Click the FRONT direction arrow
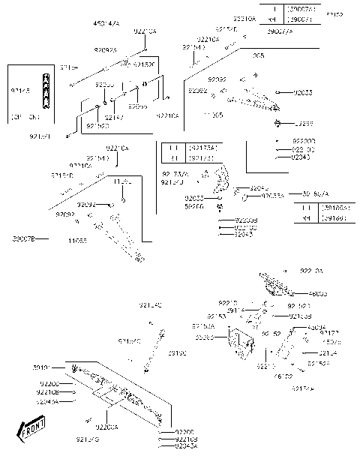(x=31, y=430)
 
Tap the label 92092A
(x=106, y=49)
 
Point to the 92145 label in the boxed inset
(x=20, y=90)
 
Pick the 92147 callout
(x=113, y=118)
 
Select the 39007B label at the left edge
(x=23, y=239)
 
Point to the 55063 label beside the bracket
(x=204, y=337)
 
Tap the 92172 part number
(x=329, y=332)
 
